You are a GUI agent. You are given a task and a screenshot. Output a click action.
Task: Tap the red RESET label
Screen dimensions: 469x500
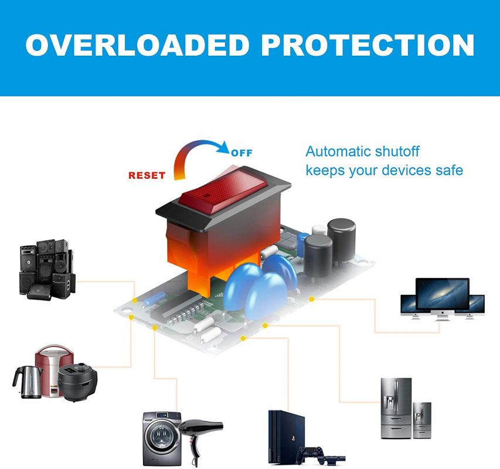pos(147,175)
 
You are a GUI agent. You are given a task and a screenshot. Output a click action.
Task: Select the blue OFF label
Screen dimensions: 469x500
pos(242,154)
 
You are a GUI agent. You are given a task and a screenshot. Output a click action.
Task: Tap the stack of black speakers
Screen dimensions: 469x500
pos(47,269)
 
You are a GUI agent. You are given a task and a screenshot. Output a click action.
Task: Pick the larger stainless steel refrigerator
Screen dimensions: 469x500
pos(395,407)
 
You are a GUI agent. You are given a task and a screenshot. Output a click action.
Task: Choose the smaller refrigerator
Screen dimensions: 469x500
pos(422,419)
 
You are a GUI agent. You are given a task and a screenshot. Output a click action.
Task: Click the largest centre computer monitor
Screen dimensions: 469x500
pos(443,295)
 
